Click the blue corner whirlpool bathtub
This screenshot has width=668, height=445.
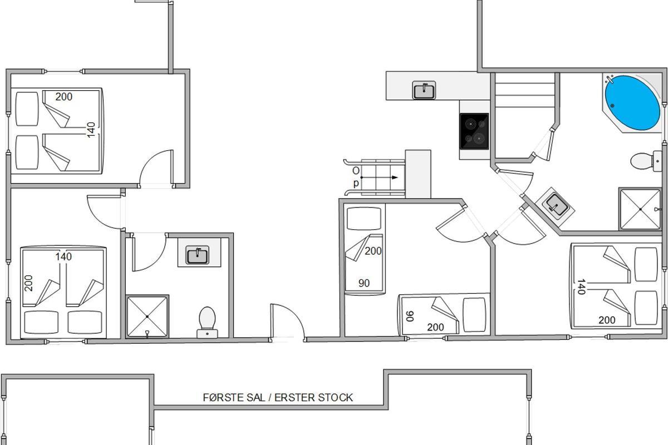click(x=632, y=103)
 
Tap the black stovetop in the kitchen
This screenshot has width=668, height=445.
click(x=474, y=131)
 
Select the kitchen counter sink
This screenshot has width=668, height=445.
click(x=424, y=90)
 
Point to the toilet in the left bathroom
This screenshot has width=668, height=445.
click(x=207, y=322)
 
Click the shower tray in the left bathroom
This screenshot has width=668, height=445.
click(x=147, y=317)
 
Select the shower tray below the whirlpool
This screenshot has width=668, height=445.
click(x=640, y=209)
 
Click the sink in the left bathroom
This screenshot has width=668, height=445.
click(x=198, y=255)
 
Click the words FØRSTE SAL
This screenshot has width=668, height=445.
click(x=234, y=398)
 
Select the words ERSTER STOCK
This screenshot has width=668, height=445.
click(x=313, y=398)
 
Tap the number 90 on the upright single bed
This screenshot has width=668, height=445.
click(x=364, y=283)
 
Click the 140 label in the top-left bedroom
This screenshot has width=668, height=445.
click(x=91, y=130)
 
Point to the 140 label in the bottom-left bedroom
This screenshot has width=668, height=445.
click(x=63, y=256)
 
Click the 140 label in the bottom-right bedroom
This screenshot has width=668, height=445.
click(x=582, y=286)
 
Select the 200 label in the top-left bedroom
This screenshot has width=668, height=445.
click(x=64, y=97)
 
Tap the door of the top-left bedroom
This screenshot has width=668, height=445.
click(x=156, y=169)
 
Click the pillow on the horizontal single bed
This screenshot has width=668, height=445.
click(x=474, y=315)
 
